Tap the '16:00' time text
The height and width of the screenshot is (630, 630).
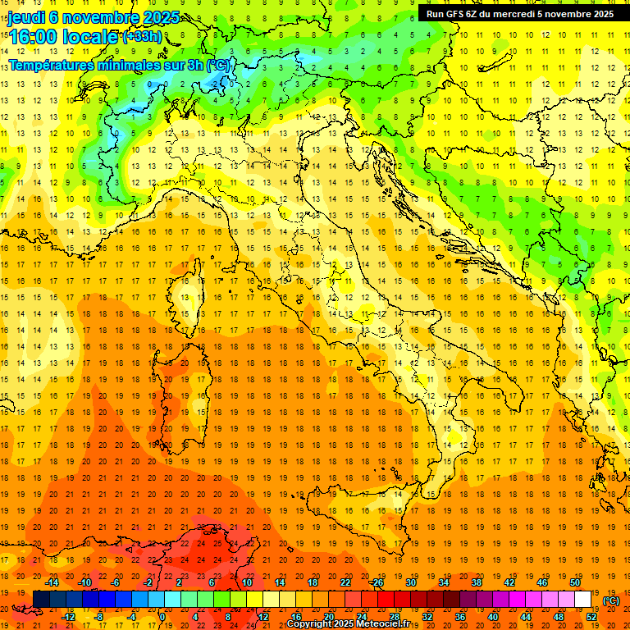click(x=34, y=37)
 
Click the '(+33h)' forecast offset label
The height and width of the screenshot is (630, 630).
click(x=142, y=36)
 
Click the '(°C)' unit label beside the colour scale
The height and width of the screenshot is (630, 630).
click(x=611, y=600)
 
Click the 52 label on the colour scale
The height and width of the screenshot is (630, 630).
click(x=591, y=617)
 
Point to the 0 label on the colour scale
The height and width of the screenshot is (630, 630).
click(x=162, y=617)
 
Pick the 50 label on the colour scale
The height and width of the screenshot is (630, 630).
click(x=575, y=582)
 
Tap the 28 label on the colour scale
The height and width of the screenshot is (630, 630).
click(x=394, y=617)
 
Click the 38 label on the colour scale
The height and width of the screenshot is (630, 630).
click(x=476, y=582)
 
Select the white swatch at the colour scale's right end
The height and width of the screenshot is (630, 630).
click(x=583, y=600)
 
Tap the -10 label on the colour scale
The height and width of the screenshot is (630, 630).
click(x=84, y=582)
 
